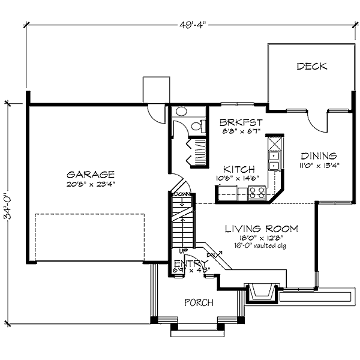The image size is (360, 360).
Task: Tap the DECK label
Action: click(312, 67)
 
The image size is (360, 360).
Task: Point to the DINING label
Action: click(318, 155)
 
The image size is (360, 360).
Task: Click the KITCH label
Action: click(239, 170)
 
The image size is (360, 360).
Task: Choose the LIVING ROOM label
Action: click(261, 229)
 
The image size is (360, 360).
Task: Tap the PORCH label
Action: click(198, 302)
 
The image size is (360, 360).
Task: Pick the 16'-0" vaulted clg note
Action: click(262, 246)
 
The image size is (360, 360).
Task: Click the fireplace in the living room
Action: click(262, 293)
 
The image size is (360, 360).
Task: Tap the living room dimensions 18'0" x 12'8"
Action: click(262, 238)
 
